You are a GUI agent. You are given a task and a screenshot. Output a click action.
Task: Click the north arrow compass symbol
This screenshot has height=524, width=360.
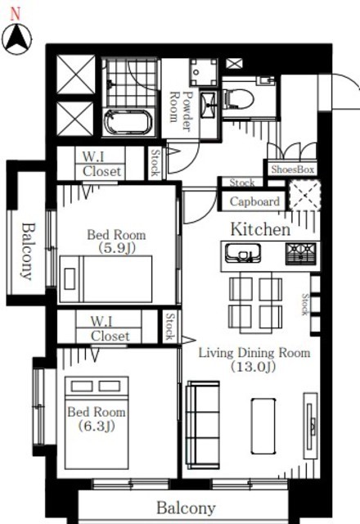click(16, 39)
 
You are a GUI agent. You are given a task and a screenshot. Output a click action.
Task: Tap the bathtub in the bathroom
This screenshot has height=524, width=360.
click(128, 122)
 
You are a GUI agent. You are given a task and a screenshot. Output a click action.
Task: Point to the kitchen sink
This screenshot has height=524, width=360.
click(243, 254)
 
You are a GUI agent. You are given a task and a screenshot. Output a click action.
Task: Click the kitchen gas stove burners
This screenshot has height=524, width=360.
click(300, 254)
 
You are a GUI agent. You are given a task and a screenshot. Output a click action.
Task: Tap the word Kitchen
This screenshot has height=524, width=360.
click(260, 229)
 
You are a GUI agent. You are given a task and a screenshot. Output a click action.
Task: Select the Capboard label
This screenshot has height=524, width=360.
click(254, 201)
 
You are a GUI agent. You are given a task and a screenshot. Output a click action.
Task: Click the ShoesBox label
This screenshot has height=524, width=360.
click(293, 169)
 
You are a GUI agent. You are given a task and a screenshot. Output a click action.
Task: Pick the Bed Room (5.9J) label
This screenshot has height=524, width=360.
click(116, 241)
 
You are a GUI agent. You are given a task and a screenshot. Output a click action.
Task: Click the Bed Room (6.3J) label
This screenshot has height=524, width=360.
click(97, 418)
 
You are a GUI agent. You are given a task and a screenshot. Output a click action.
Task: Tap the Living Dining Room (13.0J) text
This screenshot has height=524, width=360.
click(254, 359)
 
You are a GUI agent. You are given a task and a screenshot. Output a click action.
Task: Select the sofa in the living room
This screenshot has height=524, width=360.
click(203, 425)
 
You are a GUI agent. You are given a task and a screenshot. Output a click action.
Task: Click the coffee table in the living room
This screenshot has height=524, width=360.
click(263, 426)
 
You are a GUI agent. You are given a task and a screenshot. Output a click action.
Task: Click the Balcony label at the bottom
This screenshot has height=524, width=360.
click(186, 508)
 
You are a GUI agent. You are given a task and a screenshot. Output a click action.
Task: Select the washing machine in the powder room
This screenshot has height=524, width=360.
click(204, 73)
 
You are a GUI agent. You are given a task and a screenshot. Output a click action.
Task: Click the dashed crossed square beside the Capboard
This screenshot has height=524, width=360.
click(304, 196)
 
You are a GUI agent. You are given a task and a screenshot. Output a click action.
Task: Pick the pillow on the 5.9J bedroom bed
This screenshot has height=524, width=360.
click(70, 278)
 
